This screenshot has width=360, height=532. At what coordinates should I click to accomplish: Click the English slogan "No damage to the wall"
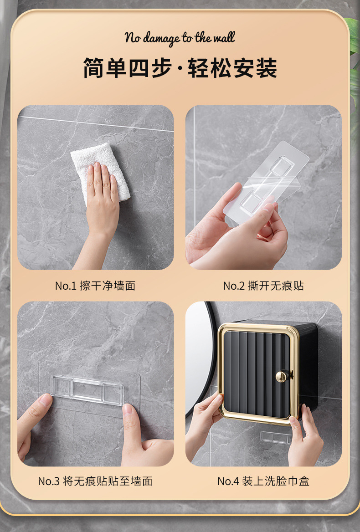coord(180,38)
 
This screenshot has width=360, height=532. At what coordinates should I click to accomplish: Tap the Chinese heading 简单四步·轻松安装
coord(180,69)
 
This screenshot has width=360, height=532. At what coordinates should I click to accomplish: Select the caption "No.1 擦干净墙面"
coord(95,286)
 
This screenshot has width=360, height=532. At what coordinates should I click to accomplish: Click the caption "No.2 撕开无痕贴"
coord(263,286)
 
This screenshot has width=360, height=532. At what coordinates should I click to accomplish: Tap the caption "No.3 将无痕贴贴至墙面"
coord(95,481)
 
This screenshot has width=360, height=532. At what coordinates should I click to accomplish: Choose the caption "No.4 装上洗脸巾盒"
coord(263,481)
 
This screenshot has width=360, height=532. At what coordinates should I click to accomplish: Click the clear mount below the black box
coord(276,437)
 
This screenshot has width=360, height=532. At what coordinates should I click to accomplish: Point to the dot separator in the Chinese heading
coord(180,69)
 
